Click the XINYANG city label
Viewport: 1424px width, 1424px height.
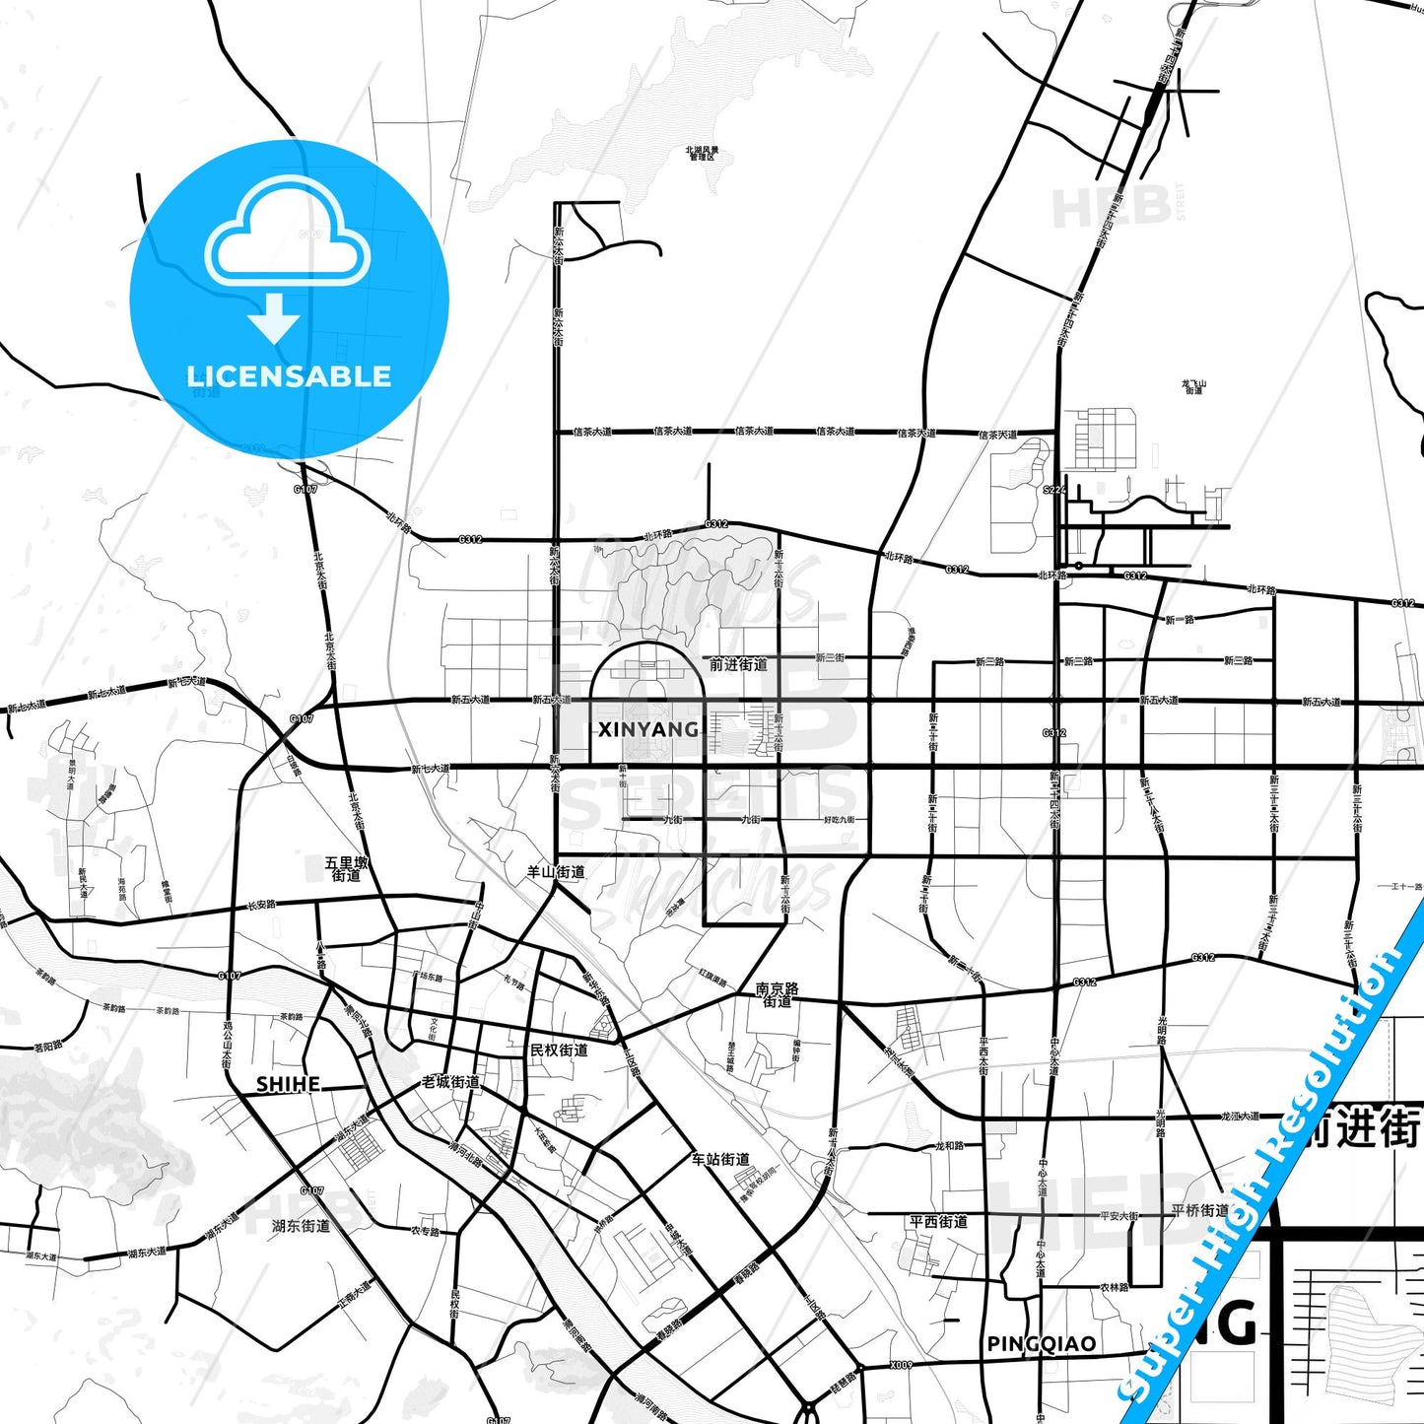pos(648,729)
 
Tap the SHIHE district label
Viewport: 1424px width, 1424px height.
pos(288,1084)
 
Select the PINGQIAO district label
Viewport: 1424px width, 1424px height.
pos(1041,1344)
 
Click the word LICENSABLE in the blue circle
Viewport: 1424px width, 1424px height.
pos(289,376)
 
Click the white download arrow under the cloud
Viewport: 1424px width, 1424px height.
pos(274,317)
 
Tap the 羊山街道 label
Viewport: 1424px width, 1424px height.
pos(556,872)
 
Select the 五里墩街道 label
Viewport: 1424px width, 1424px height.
pos(347,869)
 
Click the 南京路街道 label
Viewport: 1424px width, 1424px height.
pos(778,994)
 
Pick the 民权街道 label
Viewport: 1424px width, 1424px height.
pos(559,1051)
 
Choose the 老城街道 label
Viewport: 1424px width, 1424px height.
pos(450,1082)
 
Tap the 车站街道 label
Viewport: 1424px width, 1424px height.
pos(720,1160)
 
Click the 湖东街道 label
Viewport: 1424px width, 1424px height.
pos(301,1226)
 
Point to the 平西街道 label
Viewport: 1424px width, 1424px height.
pos(938,1222)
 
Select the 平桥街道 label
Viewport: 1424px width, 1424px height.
pos(1200,1211)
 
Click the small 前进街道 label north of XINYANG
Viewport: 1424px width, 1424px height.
pos(738,665)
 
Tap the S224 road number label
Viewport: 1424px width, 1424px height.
pos(1054,490)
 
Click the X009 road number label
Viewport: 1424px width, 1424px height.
pos(901,1366)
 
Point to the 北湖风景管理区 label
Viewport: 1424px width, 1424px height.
pos(703,153)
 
